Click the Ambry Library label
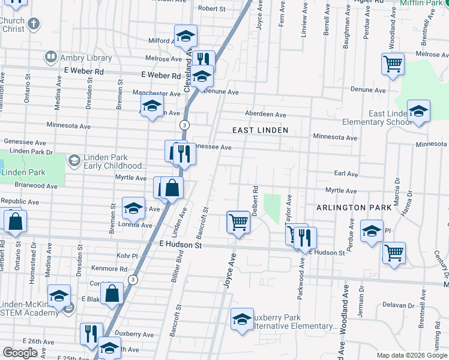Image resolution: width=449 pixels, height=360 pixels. [85, 58]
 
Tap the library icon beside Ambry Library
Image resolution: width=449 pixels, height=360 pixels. [50, 58]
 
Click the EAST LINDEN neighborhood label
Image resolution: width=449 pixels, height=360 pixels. [261, 130]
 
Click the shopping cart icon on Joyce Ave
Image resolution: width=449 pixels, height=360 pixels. [238, 222]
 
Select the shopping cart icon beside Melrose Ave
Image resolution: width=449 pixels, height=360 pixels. [392, 63]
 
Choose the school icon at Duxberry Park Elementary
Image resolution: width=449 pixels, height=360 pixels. [242, 318]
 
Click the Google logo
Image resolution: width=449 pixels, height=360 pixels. [20, 353]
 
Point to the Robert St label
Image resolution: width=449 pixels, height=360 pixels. [211, 8]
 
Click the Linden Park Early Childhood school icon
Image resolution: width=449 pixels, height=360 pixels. [74, 160]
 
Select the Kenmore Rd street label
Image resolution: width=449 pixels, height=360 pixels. [109, 268]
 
